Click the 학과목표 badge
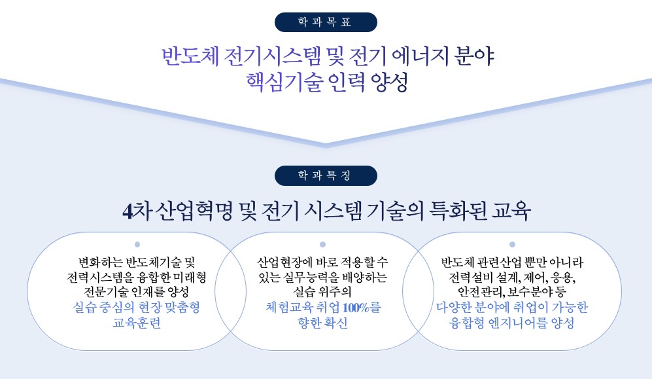click(x=326, y=22)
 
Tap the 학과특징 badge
click(x=326, y=175)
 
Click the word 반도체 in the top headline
click(x=190, y=56)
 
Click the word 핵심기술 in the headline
click(x=284, y=82)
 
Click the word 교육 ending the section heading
click(x=511, y=211)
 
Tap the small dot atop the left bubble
click(x=137, y=245)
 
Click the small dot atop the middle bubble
click(x=322, y=245)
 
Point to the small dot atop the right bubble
click(x=512, y=245)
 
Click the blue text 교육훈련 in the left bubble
click(x=137, y=323)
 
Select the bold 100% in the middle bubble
click(x=356, y=308)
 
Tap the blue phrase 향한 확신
click(x=322, y=323)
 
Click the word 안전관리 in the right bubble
click(x=481, y=292)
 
